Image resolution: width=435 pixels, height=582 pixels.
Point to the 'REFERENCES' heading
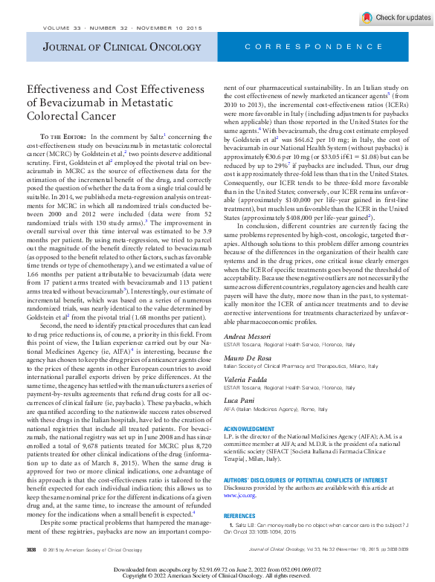click(x=239, y=515)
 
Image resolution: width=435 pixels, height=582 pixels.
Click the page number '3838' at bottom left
click(x=31, y=549)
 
